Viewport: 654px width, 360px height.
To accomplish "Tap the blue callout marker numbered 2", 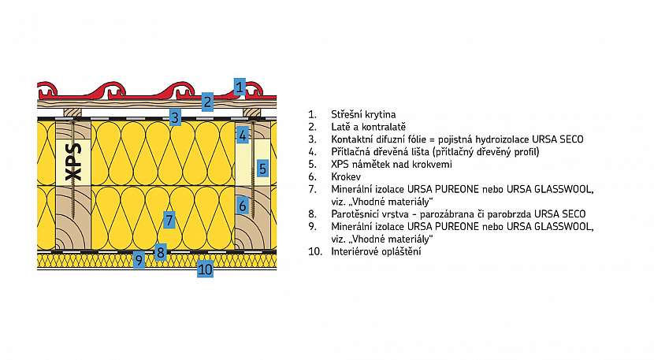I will [207, 101].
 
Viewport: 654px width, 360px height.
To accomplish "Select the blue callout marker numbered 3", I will [176, 117].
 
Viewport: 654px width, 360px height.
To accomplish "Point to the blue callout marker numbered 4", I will [243, 135].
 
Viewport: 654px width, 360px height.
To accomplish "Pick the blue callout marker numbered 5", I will [263, 167].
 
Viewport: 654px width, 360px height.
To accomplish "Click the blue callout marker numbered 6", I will [243, 206].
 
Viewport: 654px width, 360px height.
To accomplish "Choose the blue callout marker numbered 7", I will [169, 219].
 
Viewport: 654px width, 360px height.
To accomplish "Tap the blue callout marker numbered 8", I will [160, 252].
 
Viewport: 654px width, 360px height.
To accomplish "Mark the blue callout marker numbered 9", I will [139, 259].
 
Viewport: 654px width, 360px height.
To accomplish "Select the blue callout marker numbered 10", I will [205, 269].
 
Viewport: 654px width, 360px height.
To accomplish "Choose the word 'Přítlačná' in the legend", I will [352, 151].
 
